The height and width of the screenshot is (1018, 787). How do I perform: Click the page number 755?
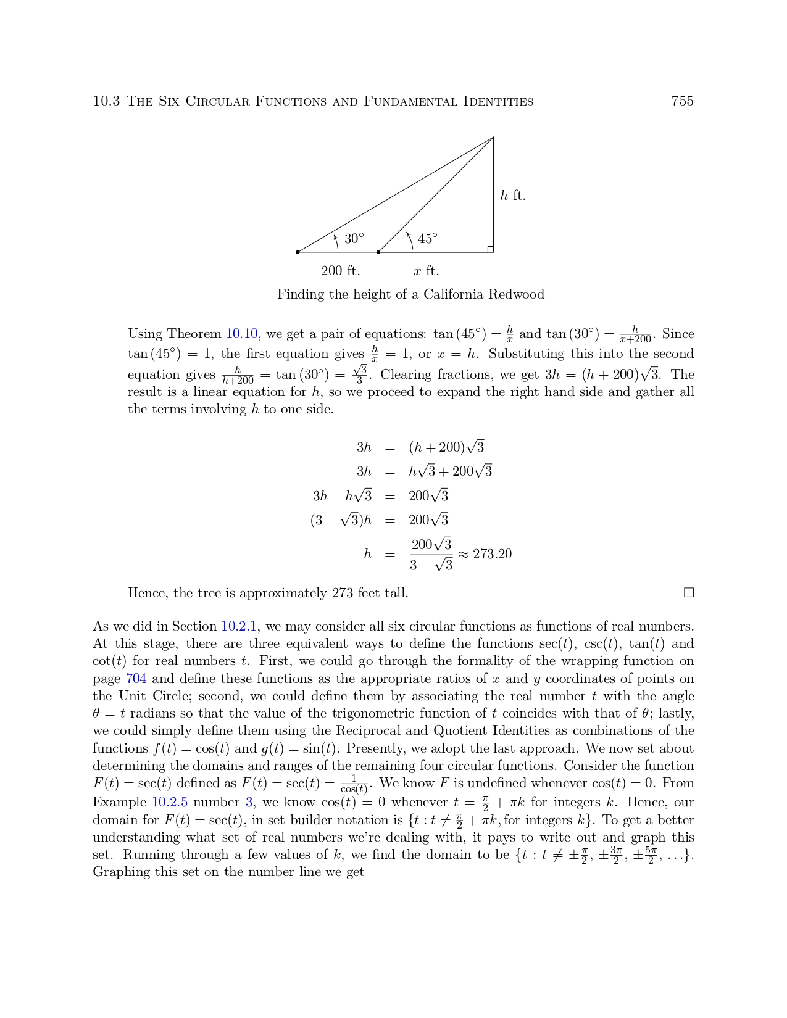click(682, 101)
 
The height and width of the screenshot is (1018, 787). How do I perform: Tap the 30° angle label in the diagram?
click(354, 239)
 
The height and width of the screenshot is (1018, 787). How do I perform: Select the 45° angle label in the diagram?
click(428, 239)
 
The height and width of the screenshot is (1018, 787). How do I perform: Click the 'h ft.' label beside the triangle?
click(512, 196)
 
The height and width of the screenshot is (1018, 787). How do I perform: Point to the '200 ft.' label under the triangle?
click(340, 271)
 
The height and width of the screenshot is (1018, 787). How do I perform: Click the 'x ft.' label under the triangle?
click(427, 271)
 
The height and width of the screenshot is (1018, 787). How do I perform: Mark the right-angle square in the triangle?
click(490, 249)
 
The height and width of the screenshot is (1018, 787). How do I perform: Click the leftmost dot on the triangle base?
click(298, 252)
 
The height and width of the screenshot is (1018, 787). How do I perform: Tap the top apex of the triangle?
click(493, 138)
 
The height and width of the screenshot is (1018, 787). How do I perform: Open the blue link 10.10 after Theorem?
click(241, 334)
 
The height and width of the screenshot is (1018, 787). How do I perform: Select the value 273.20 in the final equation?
click(492, 554)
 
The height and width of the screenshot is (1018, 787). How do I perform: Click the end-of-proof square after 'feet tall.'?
click(689, 593)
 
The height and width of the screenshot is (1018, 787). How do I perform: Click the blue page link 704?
click(136, 679)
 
